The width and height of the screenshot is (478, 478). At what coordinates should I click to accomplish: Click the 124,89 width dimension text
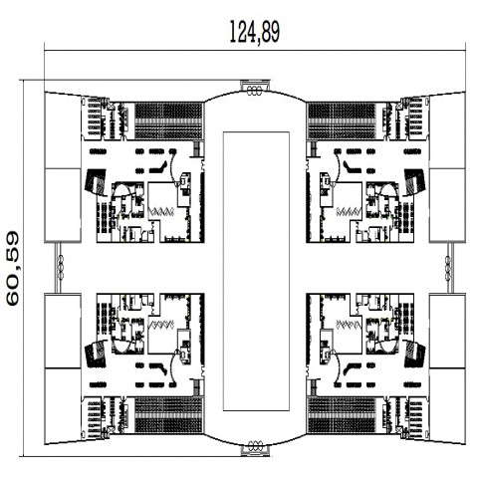pos(255,32)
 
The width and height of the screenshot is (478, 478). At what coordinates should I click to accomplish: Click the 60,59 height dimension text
pos(13,269)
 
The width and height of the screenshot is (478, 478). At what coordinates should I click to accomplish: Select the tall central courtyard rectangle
pos(256,271)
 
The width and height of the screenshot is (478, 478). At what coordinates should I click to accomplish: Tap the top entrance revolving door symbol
pos(255,90)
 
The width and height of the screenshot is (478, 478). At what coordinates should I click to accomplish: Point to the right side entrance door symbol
pos(448,267)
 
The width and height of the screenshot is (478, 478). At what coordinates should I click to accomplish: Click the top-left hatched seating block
pos(168,120)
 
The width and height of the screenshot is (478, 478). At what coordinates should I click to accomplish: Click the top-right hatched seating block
pos(342,120)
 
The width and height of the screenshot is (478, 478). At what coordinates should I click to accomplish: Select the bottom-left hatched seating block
pos(168,415)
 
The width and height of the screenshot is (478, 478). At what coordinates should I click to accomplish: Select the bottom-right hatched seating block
pos(342,415)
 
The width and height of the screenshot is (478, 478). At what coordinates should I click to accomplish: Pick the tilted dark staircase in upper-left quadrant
pos(96,182)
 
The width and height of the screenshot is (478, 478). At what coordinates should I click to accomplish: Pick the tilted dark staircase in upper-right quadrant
pos(415,182)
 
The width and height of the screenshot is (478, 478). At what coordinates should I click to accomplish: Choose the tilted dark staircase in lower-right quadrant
pos(415,354)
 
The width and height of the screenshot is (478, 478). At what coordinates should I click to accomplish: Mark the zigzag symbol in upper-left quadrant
pos(161,211)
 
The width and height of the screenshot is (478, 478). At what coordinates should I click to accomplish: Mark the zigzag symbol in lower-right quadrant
pos(349,325)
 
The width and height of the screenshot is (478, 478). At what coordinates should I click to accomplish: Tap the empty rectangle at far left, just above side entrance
pos(63,205)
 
